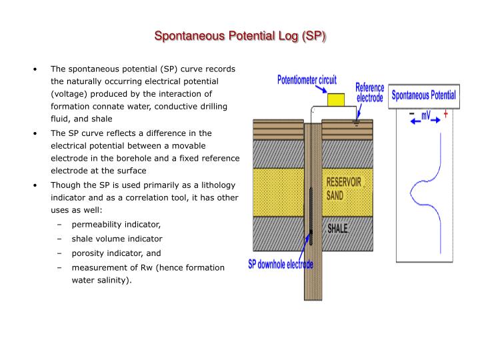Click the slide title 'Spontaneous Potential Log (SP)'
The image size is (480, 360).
[x=240, y=36]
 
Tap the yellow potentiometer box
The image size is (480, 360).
[x=336, y=100]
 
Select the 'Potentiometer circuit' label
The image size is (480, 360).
[x=307, y=80]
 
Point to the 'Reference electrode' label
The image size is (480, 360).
[x=369, y=93]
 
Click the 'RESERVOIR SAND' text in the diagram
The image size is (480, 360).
[x=343, y=189]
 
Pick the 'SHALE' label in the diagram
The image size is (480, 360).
[x=337, y=229]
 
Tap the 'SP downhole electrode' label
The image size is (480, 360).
[x=281, y=264]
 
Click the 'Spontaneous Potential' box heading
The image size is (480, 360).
[x=424, y=95]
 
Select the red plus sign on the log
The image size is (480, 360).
[x=446, y=114]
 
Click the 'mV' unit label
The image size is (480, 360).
[x=426, y=115]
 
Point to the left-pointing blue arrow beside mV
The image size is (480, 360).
[x=416, y=121]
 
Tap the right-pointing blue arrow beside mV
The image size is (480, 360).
[x=435, y=120]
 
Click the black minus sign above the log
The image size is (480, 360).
[x=412, y=114]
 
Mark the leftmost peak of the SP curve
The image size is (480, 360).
[x=411, y=193]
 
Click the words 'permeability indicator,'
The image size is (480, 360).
[x=116, y=225]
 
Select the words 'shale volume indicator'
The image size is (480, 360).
[x=117, y=239]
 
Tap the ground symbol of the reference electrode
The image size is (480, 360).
[x=356, y=124]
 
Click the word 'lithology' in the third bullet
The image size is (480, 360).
[x=218, y=185]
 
